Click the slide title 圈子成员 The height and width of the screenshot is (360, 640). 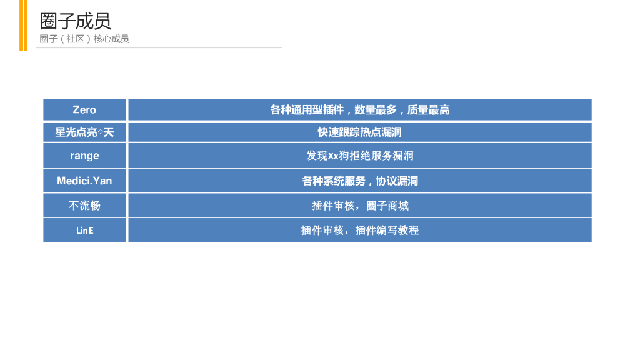pos(75,21)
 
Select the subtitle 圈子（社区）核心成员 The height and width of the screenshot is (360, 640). pos(84,39)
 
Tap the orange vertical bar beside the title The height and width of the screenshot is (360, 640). pos(23,25)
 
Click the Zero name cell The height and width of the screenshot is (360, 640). pos(84,110)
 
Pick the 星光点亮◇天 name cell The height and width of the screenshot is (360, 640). pos(84,132)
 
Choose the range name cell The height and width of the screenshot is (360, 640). pos(84,156)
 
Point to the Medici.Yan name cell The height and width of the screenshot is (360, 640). pos(84,181)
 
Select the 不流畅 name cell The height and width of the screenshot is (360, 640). pos(84,205)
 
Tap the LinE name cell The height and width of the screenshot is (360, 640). pos(84,230)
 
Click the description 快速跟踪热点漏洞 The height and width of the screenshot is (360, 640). pos(359,132)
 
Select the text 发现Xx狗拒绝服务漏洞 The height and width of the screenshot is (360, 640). pos(359,156)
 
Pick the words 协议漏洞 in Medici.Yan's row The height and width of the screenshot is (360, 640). pos(397,181)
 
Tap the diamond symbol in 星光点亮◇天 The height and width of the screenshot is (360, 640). pos(101,132)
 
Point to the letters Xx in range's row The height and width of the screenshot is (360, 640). pos(333,156)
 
